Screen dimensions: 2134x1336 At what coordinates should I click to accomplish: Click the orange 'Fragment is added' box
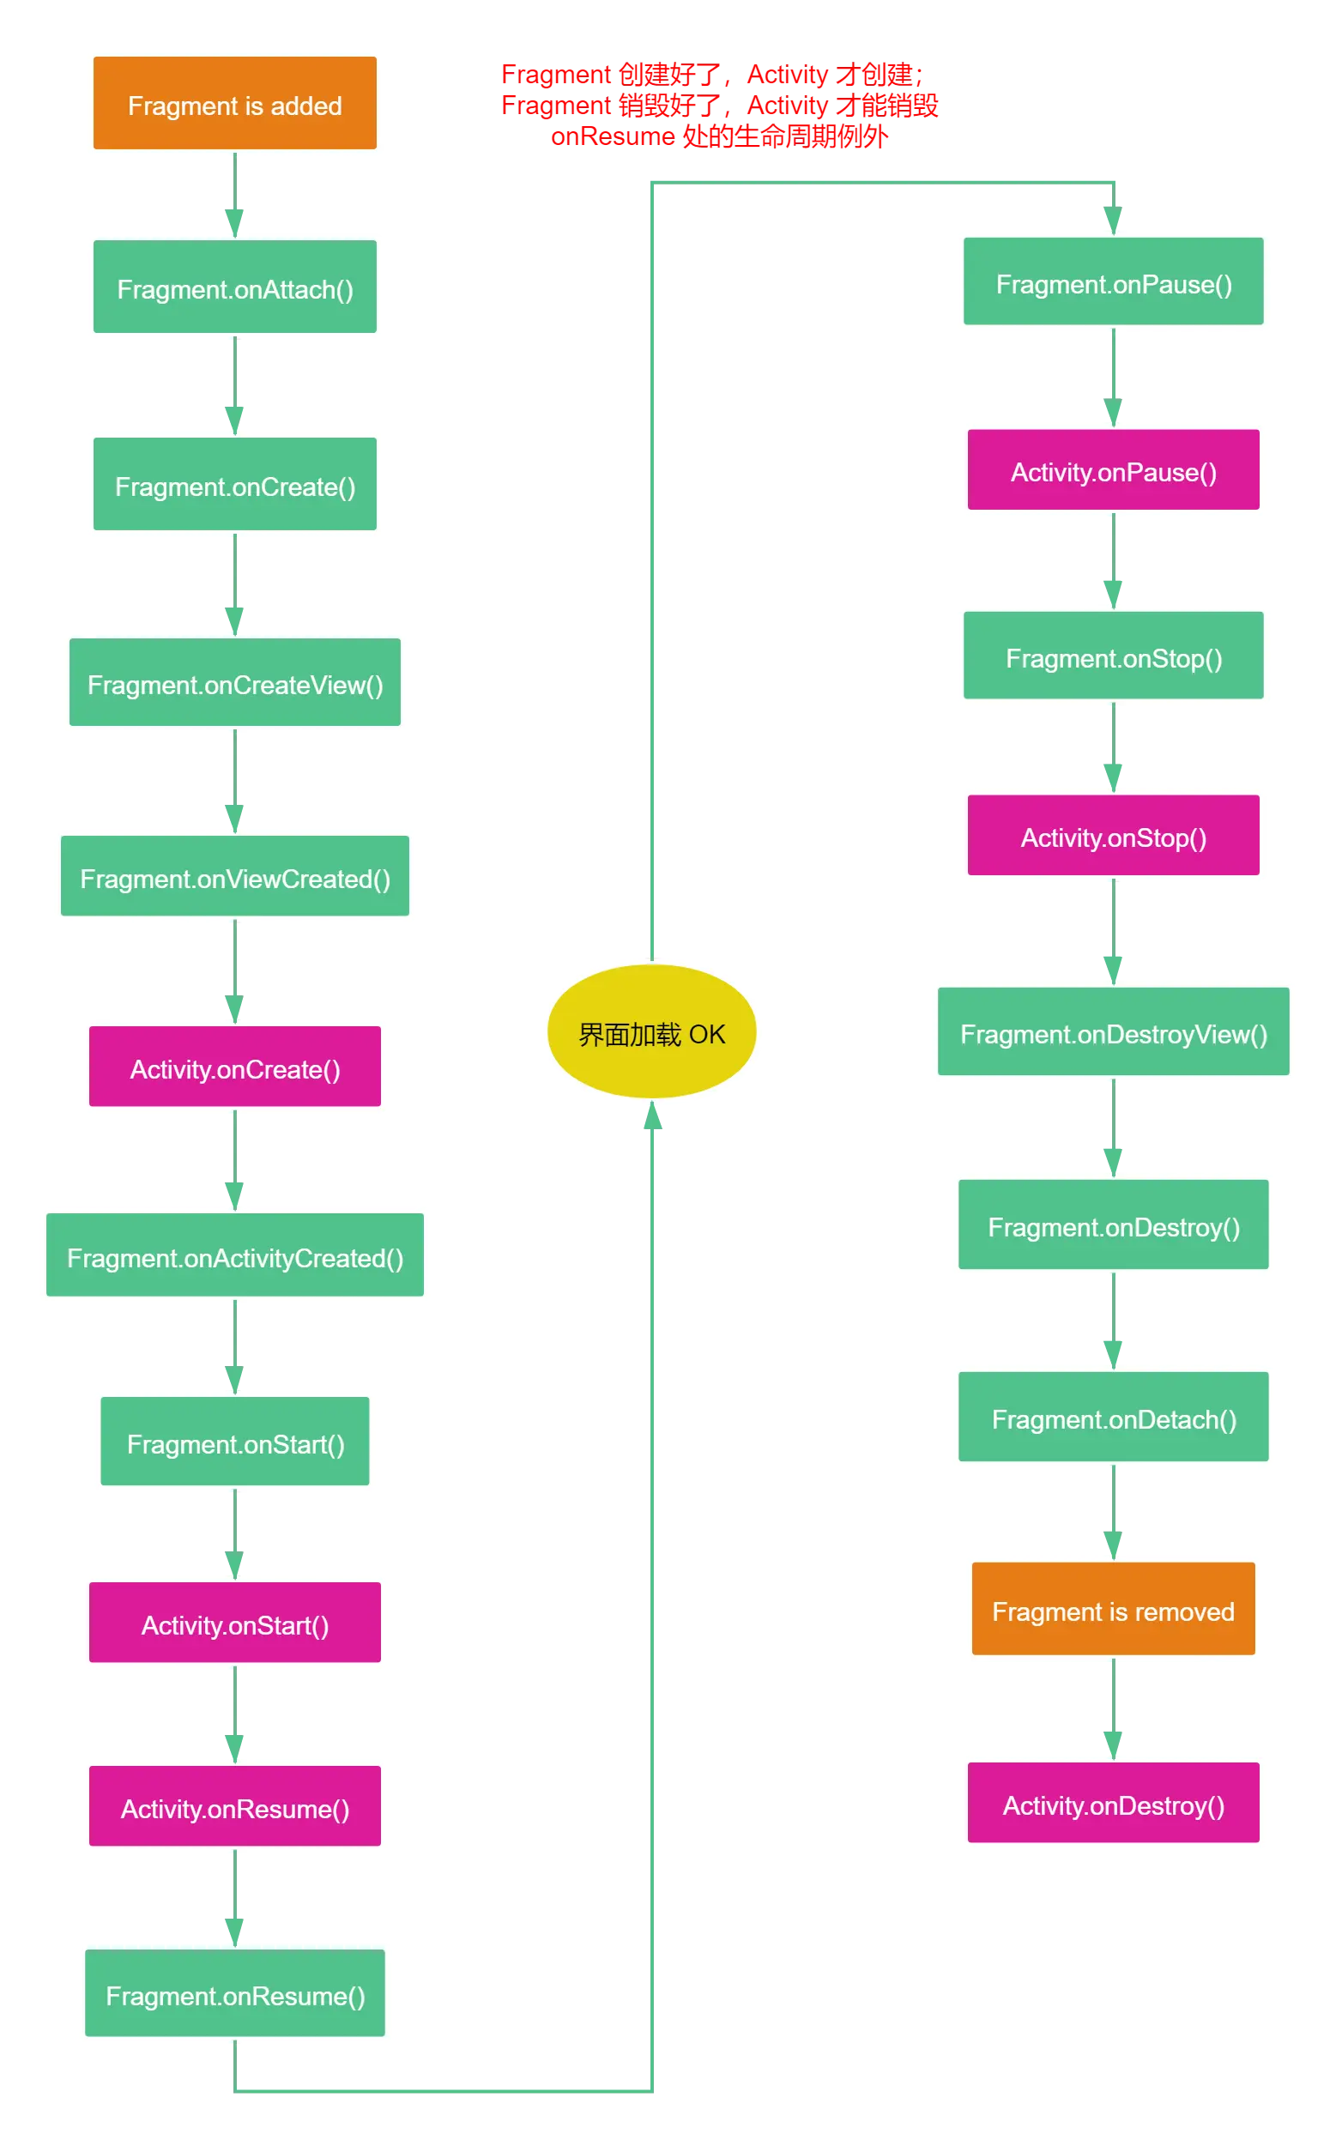(x=234, y=105)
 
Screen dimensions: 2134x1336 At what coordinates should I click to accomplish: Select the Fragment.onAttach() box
(x=234, y=288)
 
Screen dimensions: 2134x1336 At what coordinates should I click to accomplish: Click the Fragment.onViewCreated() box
(x=235, y=878)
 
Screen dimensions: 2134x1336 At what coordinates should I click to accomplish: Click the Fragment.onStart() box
(x=235, y=1443)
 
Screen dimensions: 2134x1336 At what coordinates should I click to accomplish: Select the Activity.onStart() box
(x=235, y=1624)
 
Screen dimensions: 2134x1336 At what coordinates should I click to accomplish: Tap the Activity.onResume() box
(x=235, y=1808)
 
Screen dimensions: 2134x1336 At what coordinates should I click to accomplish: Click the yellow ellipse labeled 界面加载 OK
(x=652, y=1032)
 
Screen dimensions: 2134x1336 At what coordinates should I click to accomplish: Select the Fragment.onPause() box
(x=1114, y=283)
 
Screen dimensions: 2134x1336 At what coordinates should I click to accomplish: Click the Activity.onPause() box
(x=1114, y=471)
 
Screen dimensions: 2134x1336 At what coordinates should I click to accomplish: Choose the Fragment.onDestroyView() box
(x=1114, y=1033)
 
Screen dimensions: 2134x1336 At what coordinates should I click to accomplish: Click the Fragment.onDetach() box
(x=1114, y=1418)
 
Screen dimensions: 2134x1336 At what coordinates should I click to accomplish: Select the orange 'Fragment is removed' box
(x=1114, y=1610)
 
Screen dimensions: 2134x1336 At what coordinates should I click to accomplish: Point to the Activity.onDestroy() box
(x=1114, y=1805)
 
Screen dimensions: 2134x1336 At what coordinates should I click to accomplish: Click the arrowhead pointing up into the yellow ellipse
(x=652, y=1119)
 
